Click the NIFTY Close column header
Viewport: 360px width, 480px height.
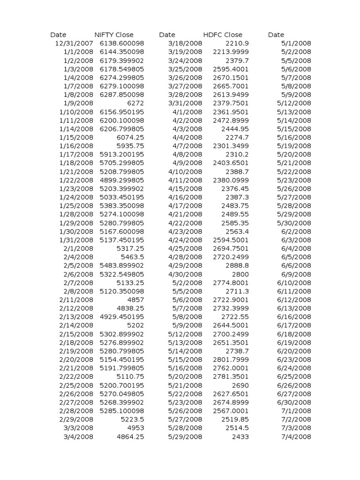114,35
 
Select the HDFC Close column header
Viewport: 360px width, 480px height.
223,35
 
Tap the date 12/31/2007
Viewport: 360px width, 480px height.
74,43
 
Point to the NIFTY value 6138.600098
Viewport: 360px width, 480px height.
122,43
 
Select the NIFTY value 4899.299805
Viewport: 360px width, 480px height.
122,180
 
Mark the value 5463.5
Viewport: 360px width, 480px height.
132,257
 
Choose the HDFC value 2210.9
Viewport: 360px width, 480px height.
237,43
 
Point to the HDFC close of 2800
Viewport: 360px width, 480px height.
240,274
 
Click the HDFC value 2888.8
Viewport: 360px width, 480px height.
237,265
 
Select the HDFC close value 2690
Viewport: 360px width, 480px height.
240,385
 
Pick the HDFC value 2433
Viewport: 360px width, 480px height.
240,436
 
